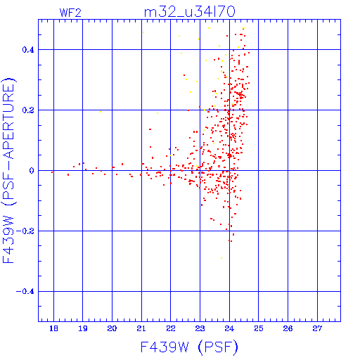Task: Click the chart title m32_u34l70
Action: pyautogui.click(x=189, y=12)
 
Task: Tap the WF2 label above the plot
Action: pyautogui.click(x=70, y=13)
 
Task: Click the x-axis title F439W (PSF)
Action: pyautogui.click(x=189, y=347)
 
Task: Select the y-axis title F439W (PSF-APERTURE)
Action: pyautogui.click(x=8, y=170)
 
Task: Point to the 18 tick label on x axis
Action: pyautogui.click(x=53, y=328)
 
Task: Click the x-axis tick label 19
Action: pyautogui.click(x=83, y=328)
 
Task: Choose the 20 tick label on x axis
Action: pyautogui.click(x=112, y=328)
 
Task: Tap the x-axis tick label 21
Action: pyautogui.click(x=141, y=328)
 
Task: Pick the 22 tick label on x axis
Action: pyautogui.click(x=171, y=328)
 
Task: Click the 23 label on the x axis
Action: pyautogui.click(x=200, y=328)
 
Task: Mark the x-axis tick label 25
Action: pyautogui.click(x=259, y=328)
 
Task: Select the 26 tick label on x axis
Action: pyautogui.click(x=288, y=328)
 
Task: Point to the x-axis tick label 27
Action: pyautogui.click(x=317, y=328)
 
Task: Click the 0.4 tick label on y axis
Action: pyautogui.click(x=28, y=50)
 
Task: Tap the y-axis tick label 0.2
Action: pyautogui.click(x=28, y=110)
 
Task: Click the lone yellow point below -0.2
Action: pyautogui.click(x=221, y=258)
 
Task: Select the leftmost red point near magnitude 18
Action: pyautogui.click(x=52, y=172)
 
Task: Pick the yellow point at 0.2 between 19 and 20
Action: pyautogui.click(x=101, y=112)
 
